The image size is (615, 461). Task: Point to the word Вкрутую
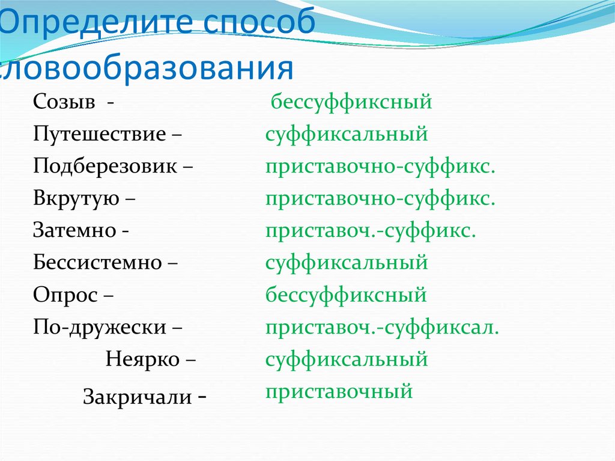(76, 198)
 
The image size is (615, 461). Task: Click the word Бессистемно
(98, 263)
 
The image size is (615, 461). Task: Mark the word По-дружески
(100, 328)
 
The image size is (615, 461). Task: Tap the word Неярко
(142, 359)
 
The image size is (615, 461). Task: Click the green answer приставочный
(339, 392)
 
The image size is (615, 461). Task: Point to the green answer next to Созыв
(351, 102)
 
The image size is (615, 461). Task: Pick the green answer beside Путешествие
(347, 133)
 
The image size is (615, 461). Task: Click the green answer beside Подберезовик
(380, 166)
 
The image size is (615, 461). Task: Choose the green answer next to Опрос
(347, 295)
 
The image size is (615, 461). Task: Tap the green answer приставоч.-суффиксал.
(382, 328)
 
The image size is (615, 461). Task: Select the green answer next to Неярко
(347, 359)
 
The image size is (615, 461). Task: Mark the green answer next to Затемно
(371, 231)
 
